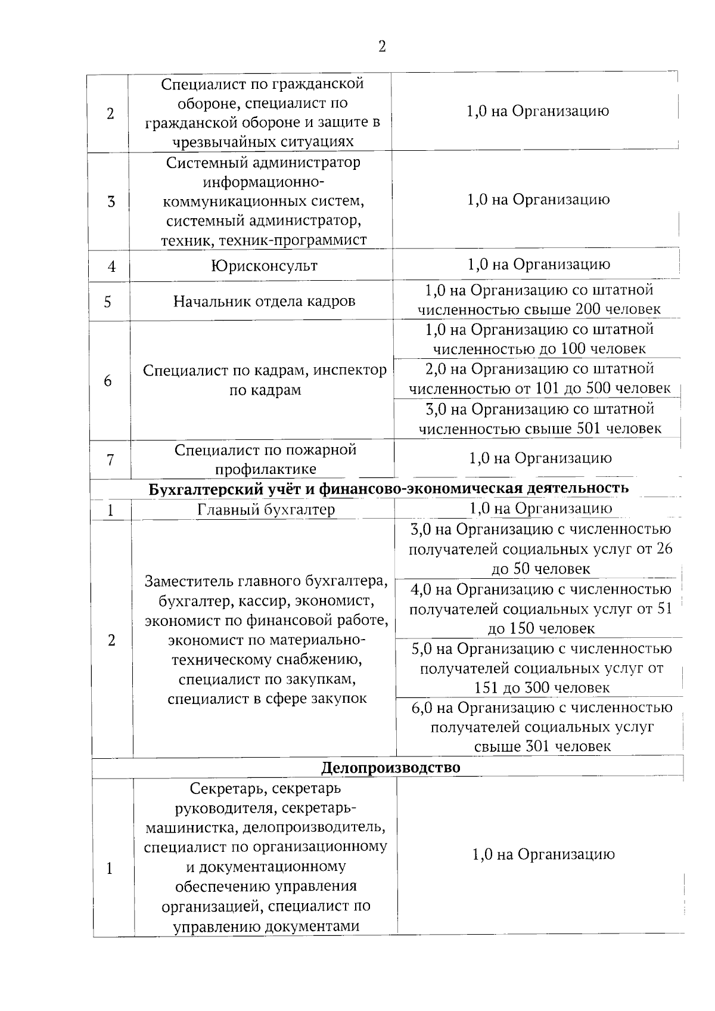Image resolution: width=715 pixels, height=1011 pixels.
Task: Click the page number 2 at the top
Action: [x=382, y=46]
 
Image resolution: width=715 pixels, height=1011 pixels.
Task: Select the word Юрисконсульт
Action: [x=264, y=266]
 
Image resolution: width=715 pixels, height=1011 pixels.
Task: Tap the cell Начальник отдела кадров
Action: [x=264, y=301]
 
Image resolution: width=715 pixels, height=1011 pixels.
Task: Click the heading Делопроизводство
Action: [x=390, y=767]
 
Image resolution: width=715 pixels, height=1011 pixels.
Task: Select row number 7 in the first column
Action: [x=110, y=460]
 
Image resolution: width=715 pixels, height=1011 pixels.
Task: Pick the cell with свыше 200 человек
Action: [x=539, y=300]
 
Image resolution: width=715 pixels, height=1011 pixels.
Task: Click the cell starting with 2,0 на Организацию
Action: [x=539, y=379]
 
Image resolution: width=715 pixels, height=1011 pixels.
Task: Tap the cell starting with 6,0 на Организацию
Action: [x=542, y=727]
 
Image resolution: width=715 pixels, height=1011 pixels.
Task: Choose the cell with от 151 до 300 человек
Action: [x=542, y=668]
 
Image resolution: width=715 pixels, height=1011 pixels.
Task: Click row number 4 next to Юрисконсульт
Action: [x=111, y=266]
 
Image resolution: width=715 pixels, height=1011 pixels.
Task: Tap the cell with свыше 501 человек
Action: [x=539, y=418]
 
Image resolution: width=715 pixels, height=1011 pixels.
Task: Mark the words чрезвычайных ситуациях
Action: [x=263, y=142]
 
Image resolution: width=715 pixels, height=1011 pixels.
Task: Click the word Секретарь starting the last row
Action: [x=226, y=789]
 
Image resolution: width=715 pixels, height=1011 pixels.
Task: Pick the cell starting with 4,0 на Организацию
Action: [x=541, y=609]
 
